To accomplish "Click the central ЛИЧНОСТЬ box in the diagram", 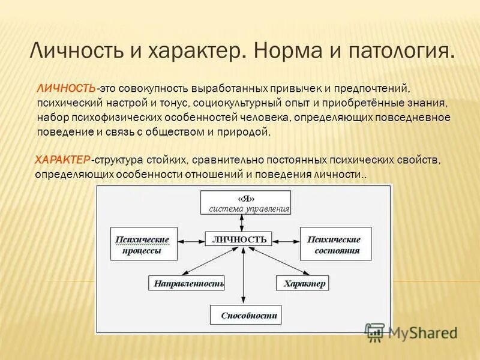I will tap(239, 239).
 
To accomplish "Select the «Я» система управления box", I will tap(245, 203).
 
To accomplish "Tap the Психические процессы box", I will tap(145, 244).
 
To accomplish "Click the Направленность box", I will tap(186, 283).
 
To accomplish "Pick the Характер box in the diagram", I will tap(302, 283).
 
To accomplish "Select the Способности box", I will tap(244, 314).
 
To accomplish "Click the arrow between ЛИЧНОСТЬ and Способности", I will tap(244, 276).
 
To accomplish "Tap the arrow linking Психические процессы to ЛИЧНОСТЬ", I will tap(192, 240).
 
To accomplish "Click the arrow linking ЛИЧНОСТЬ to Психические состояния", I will tap(286, 239).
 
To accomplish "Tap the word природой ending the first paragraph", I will tap(247, 131).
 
